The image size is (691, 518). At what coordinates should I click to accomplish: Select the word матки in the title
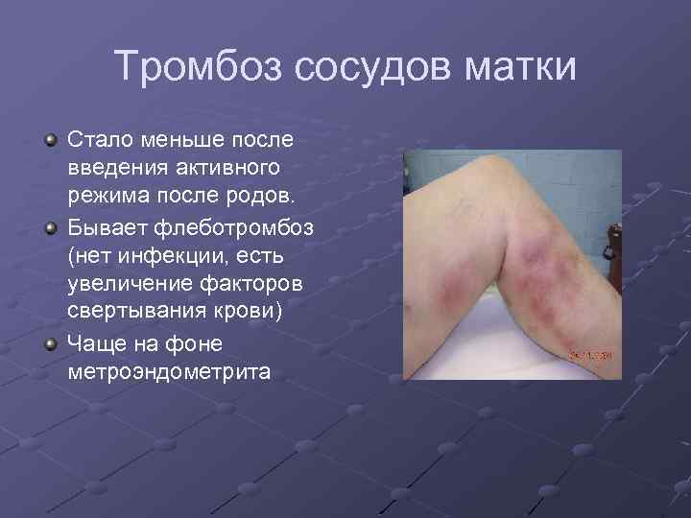(519, 67)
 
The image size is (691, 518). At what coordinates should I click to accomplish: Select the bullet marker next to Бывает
(49, 228)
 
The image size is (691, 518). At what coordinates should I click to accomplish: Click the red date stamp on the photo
(596, 354)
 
